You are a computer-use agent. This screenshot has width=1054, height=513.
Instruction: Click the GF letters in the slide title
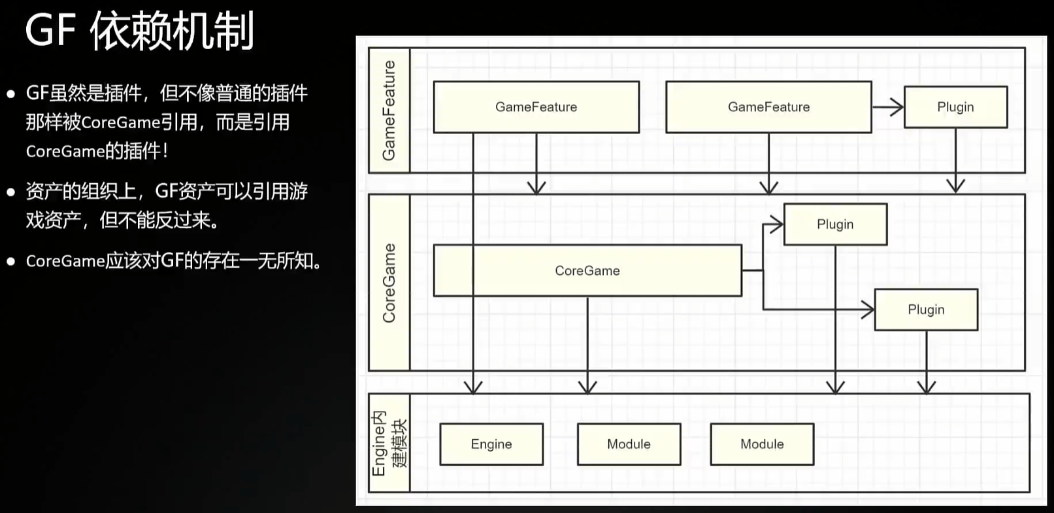[x=50, y=31]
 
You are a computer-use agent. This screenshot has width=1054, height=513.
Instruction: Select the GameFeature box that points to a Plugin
[x=768, y=107]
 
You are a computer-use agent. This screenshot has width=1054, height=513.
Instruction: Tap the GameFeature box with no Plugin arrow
[x=536, y=107]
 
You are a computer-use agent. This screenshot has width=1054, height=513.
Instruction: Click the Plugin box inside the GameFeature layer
[x=955, y=107]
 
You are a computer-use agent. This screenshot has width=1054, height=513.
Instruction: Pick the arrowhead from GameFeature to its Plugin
[x=897, y=107]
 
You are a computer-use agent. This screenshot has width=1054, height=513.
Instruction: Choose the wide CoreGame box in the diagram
[x=587, y=270]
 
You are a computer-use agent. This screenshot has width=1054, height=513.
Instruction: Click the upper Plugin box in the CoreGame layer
[x=835, y=224]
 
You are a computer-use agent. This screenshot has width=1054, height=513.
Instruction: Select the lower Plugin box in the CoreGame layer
[x=926, y=310]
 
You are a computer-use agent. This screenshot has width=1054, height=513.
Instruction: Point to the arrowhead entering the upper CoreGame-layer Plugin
[x=776, y=224]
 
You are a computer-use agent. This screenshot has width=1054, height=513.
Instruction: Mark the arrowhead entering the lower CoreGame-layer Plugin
[x=868, y=310]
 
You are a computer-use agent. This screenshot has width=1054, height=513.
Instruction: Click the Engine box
[x=491, y=444]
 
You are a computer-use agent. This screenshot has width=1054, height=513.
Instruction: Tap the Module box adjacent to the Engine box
[x=629, y=444]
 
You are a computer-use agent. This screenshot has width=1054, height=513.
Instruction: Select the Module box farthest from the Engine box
[x=762, y=444]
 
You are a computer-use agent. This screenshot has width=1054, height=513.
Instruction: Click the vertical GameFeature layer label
[x=389, y=110]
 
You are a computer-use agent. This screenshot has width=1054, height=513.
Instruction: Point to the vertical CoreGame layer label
[x=389, y=283]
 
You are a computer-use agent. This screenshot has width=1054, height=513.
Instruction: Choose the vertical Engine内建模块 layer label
[x=389, y=443]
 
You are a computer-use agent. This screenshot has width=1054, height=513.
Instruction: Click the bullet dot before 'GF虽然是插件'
[x=10, y=94]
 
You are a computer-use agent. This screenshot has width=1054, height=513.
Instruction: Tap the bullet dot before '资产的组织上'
[x=10, y=192]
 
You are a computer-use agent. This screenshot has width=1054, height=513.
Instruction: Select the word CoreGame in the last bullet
[x=65, y=261]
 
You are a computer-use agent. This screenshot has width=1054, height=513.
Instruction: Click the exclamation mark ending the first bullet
[x=165, y=151]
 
